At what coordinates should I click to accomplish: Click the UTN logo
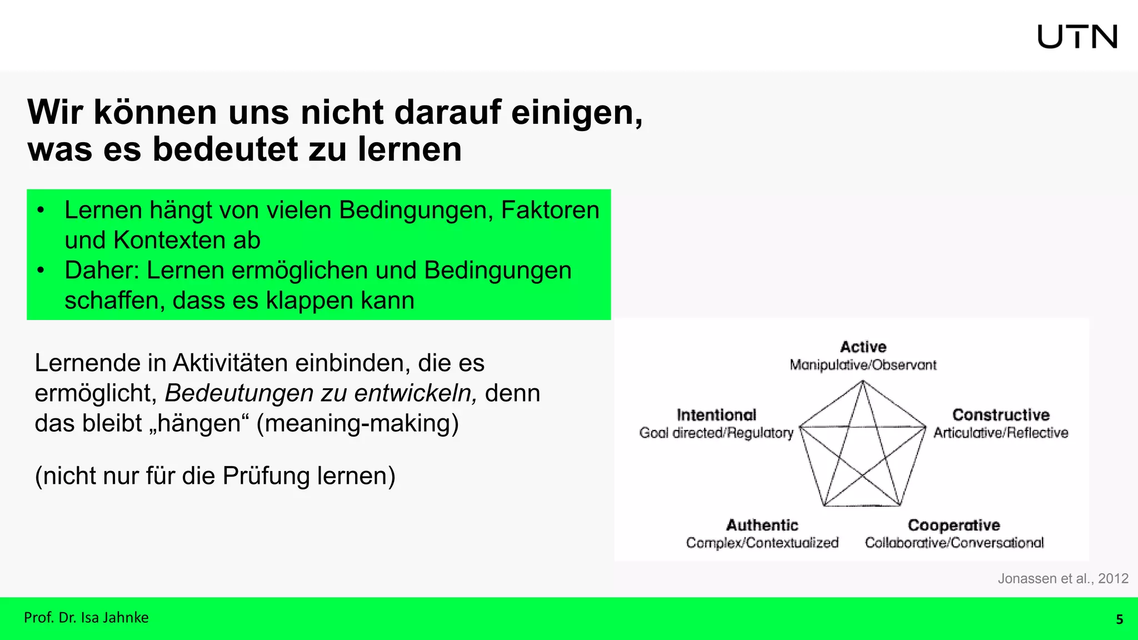click(x=1077, y=37)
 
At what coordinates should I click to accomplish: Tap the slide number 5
click(x=1119, y=619)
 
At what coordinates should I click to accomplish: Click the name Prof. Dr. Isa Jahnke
click(x=86, y=618)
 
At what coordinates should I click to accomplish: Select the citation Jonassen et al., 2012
click(x=1062, y=578)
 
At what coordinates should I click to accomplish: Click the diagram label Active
click(x=863, y=347)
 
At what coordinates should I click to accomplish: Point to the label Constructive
click(x=1001, y=415)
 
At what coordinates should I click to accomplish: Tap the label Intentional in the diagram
click(x=716, y=415)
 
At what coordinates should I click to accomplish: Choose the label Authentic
click(x=762, y=525)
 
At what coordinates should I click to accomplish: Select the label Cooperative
click(x=954, y=525)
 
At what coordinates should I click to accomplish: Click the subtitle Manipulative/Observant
click(x=863, y=365)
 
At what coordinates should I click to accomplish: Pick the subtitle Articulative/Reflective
click(x=1001, y=433)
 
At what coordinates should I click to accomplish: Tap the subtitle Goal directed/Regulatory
click(x=716, y=433)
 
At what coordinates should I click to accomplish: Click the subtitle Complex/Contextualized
click(x=762, y=543)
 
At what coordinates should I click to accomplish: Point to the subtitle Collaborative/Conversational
click(x=954, y=543)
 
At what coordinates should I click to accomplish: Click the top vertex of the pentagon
click(x=862, y=381)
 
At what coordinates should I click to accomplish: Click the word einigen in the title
click(x=576, y=113)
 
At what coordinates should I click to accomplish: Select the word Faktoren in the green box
click(x=550, y=211)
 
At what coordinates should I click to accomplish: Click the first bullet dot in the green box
click(x=41, y=211)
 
